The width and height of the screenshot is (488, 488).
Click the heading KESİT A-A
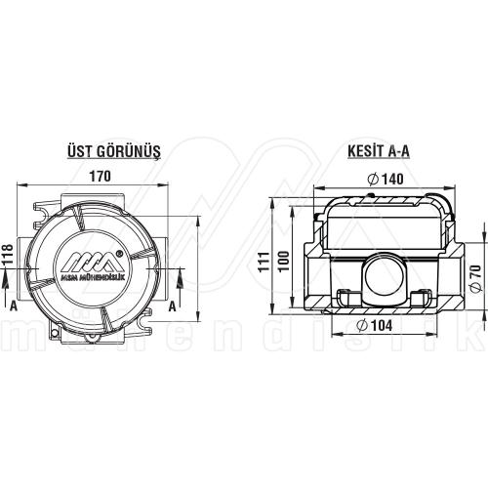tap(378, 151)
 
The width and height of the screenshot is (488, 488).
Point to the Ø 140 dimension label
tap(387, 179)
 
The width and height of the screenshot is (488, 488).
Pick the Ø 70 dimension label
tap(475, 277)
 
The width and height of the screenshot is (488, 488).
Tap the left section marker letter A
tap(14, 305)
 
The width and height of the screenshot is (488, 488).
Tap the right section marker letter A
tap(173, 305)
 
